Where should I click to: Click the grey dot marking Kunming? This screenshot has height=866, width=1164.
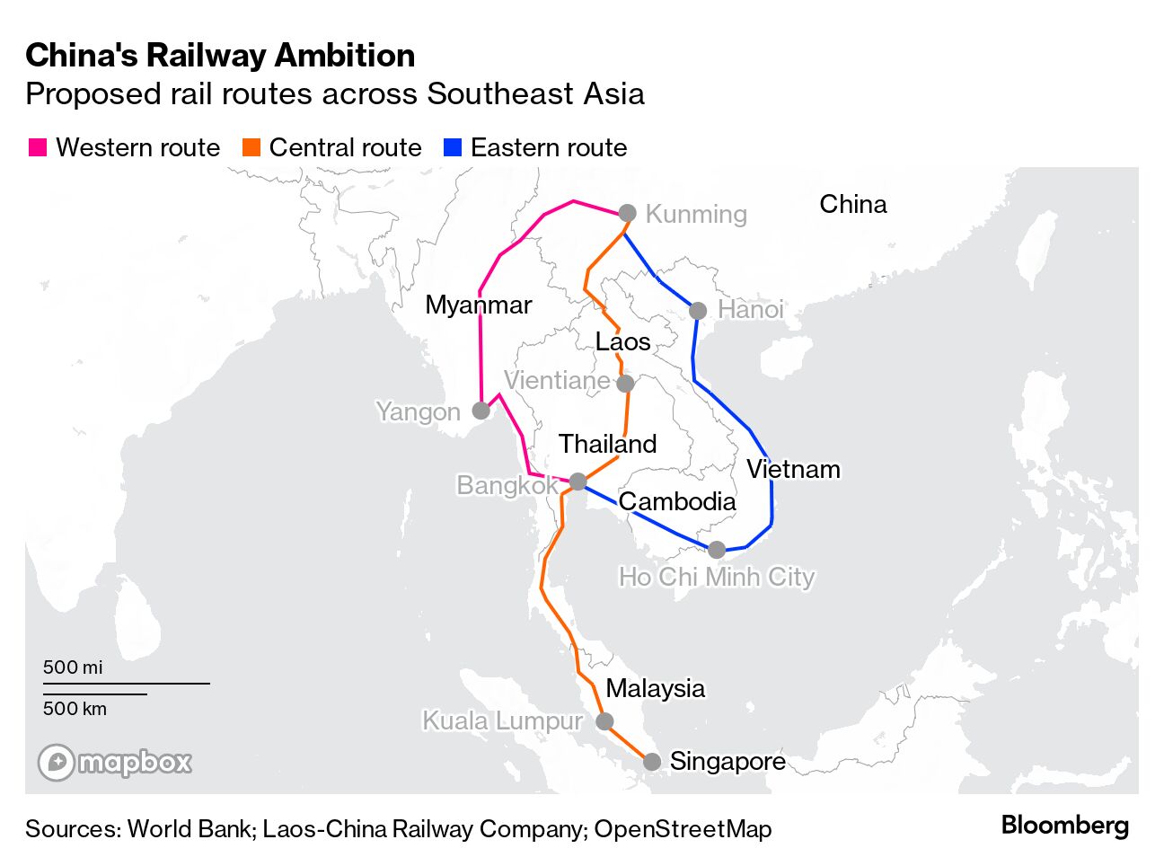628,213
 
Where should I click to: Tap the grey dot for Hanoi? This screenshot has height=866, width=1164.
698,311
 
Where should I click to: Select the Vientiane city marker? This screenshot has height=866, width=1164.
625,384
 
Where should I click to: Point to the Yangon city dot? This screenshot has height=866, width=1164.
481,411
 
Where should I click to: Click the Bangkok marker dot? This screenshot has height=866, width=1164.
578,482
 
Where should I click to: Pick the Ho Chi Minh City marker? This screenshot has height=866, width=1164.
717,549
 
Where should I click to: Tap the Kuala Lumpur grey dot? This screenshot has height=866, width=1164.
605,721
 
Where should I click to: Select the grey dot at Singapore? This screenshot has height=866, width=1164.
653,762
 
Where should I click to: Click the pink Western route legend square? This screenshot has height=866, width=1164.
38,148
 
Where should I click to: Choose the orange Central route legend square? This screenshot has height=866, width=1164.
251,148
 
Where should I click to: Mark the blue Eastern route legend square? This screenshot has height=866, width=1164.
453,148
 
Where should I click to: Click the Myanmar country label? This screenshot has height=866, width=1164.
478,305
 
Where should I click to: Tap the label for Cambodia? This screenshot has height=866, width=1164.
677,501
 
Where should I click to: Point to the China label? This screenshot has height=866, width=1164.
852,204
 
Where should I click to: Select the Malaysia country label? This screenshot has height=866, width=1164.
655,688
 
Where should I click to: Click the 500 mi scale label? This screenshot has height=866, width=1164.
73,667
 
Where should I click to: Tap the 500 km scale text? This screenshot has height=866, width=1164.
75,709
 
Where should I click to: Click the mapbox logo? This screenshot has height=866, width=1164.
115,763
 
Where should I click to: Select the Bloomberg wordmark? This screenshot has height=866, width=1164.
1064,826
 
